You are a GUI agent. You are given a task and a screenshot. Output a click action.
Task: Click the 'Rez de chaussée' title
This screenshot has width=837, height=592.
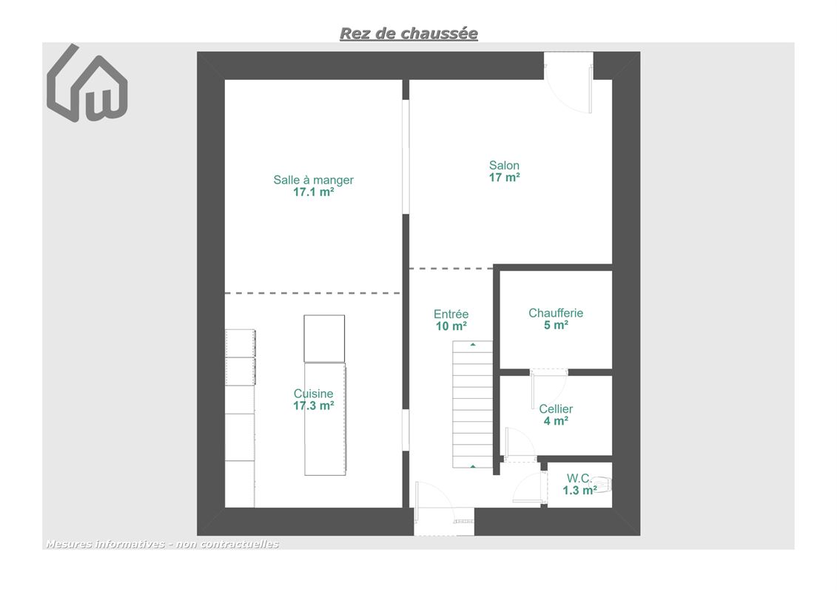(x=409, y=33)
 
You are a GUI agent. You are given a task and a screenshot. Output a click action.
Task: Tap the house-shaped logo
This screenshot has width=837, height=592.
(x=87, y=84)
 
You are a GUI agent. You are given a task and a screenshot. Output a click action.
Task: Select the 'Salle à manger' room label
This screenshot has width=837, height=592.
(x=313, y=180)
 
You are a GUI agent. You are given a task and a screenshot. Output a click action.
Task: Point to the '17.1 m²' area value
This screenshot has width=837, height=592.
(x=313, y=192)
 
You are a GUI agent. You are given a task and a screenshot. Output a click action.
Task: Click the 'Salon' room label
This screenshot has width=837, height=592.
(x=504, y=166)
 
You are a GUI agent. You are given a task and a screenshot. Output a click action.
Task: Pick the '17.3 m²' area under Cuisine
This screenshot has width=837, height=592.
(x=313, y=406)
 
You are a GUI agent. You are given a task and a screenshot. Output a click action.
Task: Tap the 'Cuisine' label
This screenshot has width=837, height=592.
(x=313, y=394)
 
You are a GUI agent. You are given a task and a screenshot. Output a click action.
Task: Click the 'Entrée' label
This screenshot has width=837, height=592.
(x=451, y=314)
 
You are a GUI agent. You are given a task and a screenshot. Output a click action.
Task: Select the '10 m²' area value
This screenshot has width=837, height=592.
(x=451, y=326)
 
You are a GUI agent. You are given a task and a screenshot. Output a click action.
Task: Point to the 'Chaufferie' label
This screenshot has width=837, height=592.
(x=556, y=313)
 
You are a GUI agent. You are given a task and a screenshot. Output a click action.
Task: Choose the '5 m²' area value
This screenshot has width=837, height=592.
(x=556, y=325)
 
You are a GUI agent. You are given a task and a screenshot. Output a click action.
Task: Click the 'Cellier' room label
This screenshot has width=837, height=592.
(x=556, y=409)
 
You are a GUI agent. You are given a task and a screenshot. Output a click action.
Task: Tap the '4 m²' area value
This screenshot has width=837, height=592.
(x=556, y=421)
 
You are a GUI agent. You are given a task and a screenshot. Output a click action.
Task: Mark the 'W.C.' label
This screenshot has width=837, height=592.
(x=579, y=478)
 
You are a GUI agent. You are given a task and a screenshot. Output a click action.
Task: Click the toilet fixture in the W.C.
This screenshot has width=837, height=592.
(x=601, y=485)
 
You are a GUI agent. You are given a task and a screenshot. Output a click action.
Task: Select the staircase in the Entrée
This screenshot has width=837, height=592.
(x=472, y=405)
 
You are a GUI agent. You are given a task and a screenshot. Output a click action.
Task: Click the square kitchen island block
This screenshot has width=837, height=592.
(x=324, y=338)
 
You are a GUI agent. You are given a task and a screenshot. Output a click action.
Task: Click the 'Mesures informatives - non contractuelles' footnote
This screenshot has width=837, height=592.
(x=162, y=544)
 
